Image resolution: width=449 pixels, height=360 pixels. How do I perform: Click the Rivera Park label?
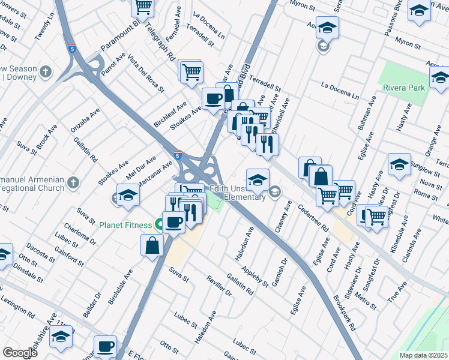coord(404,88)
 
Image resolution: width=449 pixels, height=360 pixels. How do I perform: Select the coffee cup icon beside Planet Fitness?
coord(174,222)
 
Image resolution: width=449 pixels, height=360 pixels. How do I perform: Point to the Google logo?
coord(20,353)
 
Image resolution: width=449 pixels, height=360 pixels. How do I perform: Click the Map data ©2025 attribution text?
coord(423,355)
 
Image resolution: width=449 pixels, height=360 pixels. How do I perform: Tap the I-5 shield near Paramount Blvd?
coord(71,49)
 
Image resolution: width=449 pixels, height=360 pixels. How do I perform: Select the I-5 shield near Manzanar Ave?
coord(178,155)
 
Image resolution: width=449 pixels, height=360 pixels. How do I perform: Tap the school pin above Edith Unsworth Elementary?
coord(257,179)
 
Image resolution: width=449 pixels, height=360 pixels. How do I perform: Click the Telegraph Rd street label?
coord(163,45)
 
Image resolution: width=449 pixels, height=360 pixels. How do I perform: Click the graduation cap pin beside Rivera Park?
coord(439,77)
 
